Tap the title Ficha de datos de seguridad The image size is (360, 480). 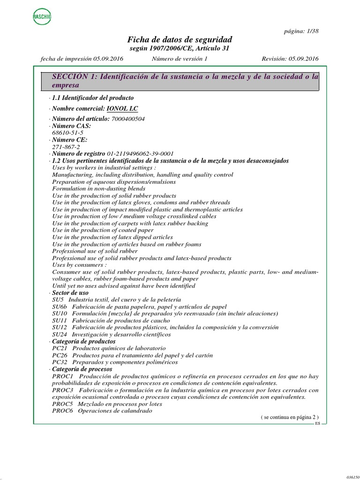(180, 39)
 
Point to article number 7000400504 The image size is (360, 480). (127, 119)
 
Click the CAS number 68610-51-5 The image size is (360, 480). (68, 133)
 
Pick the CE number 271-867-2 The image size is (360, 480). (66, 147)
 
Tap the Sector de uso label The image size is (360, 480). (70, 292)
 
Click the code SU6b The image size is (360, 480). (60, 307)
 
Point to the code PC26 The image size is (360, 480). (60, 355)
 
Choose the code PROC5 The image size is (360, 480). (62, 404)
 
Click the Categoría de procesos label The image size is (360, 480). (82, 369)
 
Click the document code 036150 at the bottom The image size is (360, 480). (352, 477)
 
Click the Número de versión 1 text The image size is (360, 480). (180, 59)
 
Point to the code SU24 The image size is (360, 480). (60, 335)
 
